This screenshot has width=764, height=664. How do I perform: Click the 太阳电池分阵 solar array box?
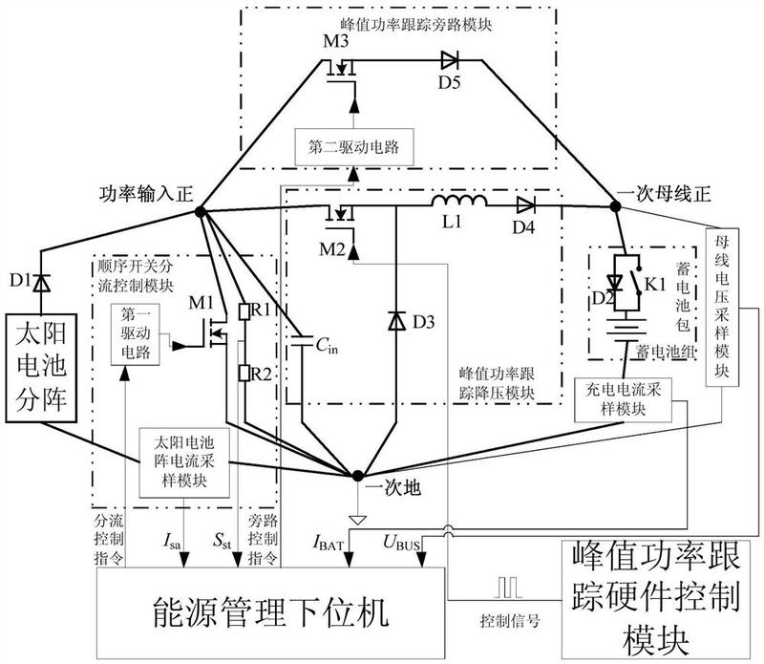[x=41, y=368]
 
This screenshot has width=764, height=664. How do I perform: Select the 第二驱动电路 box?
[x=354, y=147]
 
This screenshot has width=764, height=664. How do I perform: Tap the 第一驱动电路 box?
[x=136, y=334]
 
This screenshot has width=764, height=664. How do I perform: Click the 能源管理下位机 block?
[x=271, y=612]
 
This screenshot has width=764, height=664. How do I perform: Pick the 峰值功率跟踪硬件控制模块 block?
[x=656, y=599]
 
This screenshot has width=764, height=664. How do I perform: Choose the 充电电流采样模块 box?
[x=624, y=399]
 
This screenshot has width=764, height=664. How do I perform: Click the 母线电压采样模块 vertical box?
[x=722, y=307]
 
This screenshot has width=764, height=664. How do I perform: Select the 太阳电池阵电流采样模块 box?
[x=184, y=462]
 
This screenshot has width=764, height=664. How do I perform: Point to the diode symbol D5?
[x=449, y=61]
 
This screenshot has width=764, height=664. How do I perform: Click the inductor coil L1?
[x=458, y=201]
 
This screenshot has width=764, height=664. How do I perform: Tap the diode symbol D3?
[x=396, y=321]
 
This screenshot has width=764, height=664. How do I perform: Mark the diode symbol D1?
[x=41, y=283]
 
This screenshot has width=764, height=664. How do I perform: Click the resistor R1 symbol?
[x=244, y=311]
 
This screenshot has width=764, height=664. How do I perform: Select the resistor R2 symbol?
[x=244, y=373]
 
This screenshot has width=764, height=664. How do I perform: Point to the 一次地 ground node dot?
[x=357, y=475]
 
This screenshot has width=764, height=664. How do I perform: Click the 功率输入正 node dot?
[x=200, y=211]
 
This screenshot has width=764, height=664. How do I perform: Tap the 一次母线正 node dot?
[x=616, y=206]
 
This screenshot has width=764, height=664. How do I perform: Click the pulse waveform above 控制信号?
[x=508, y=588]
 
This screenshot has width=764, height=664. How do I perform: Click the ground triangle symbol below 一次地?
[x=357, y=520]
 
